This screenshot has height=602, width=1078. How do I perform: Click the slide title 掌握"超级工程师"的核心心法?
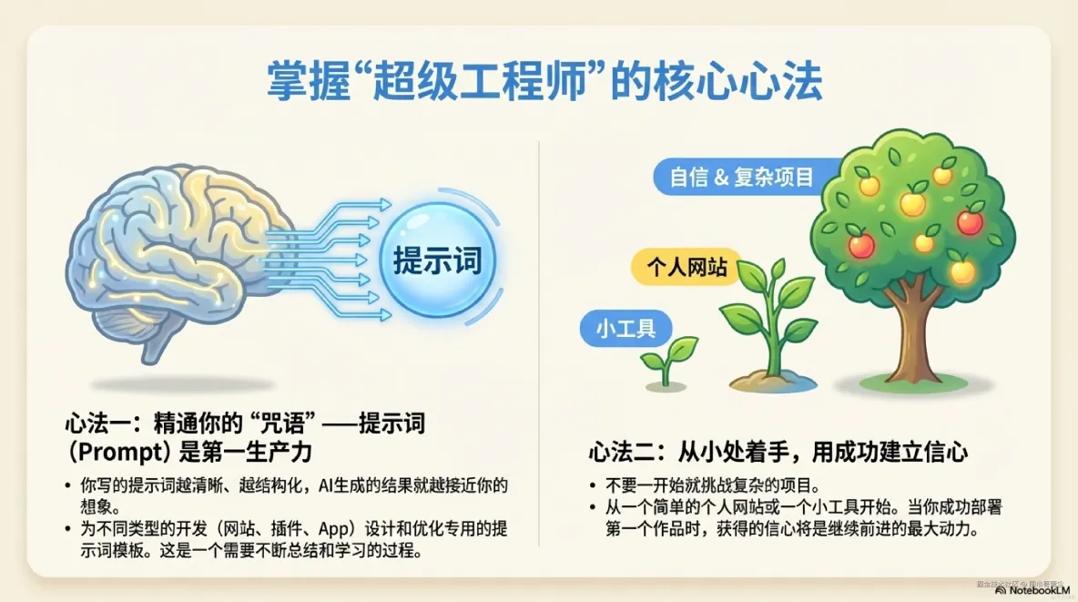pyautogui.click(x=544, y=82)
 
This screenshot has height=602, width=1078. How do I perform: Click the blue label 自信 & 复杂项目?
pyautogui.click(x=741, y=176)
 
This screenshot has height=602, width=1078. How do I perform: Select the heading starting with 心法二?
pyautogui.click(x=777, y=452)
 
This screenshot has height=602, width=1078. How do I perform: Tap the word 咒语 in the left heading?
pyautogui.click(x=278, y=424)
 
